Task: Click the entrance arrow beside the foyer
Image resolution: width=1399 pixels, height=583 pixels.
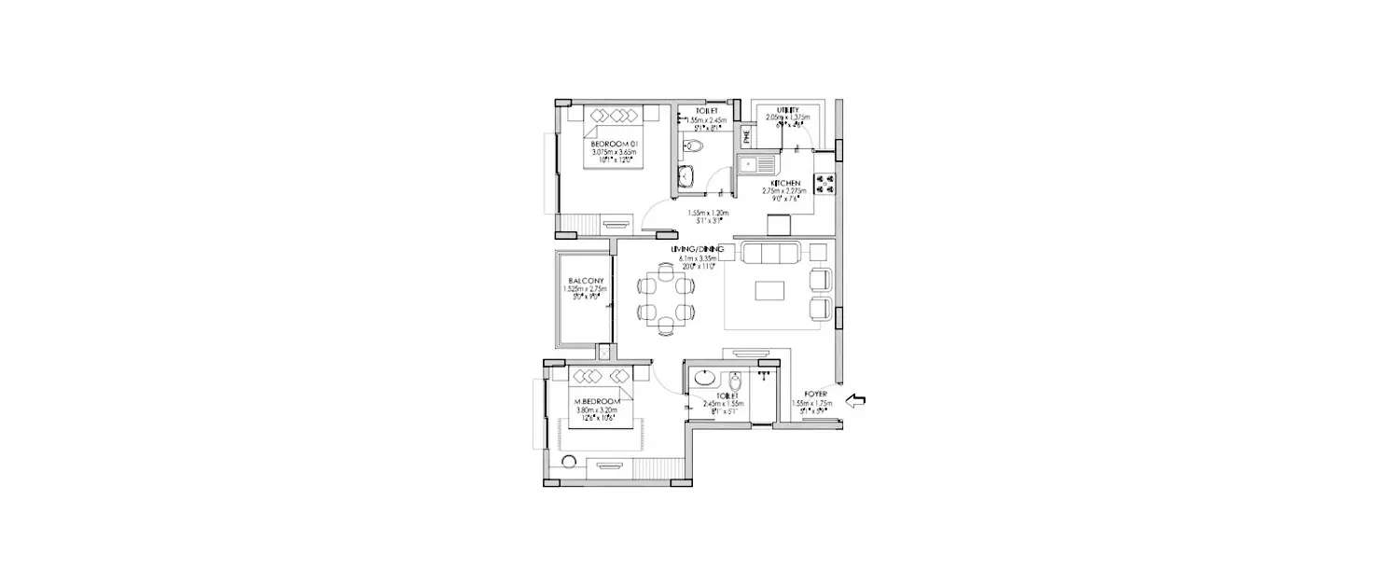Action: [854, 401]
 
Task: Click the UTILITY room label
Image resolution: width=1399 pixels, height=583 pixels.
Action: [787, 109]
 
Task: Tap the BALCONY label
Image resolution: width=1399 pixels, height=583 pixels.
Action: [585, 281]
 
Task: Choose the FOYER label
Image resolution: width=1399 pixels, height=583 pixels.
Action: [805, 396]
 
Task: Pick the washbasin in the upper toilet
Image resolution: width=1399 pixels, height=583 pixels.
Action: [687, 176]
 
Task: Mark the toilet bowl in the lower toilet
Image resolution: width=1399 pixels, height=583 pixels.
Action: [735, 382]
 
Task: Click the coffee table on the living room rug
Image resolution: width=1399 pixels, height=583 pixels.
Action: [769, 291]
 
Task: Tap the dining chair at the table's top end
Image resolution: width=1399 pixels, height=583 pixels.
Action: [664, 271]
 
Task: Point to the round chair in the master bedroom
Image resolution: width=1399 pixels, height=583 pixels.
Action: [568, 461]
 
